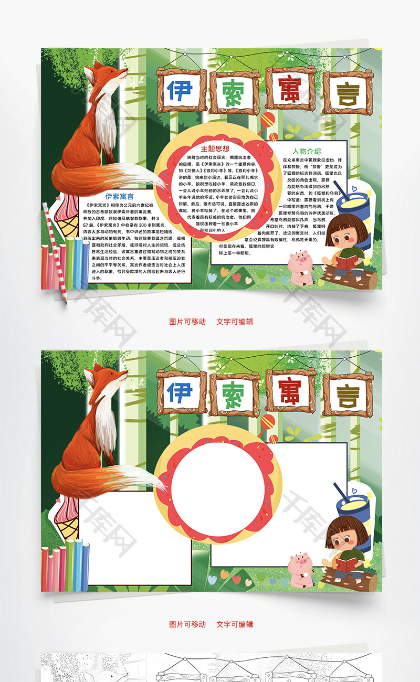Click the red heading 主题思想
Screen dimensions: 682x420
click(215, 148)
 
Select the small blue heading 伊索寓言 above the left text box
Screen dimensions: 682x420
click(119, 197)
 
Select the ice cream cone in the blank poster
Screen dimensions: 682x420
click(68, 519)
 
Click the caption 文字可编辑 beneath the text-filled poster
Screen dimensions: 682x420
click(235, 322)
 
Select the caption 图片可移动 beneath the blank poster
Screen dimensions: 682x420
click(187, 624)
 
